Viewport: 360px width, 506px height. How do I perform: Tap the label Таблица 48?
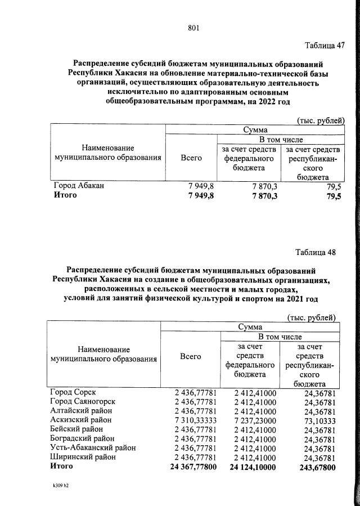pos(316,252)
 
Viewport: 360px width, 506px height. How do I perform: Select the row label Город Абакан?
pos(79,185)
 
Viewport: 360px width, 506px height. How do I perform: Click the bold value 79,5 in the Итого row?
pos(331,195)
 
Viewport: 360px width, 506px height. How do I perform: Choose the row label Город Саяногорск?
pos(83,401)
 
